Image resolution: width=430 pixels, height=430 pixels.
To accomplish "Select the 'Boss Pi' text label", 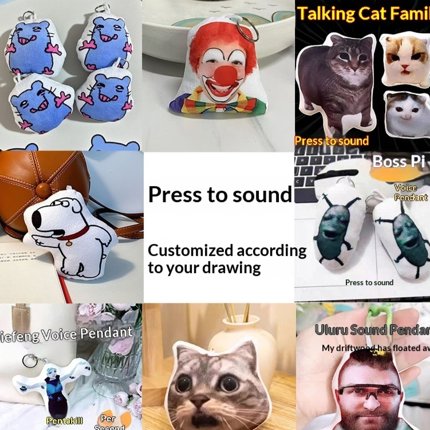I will coord(398,161).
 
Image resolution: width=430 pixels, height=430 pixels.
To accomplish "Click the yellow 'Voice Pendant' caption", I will coord(411,192).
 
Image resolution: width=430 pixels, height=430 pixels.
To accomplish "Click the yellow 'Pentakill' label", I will coord(64,421).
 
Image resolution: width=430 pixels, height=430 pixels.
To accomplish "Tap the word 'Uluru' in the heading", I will coord(331,330).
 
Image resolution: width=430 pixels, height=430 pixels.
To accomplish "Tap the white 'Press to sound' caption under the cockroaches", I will coord(369,282).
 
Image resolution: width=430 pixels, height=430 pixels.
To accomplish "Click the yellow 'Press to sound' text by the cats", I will coord(332,140).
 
